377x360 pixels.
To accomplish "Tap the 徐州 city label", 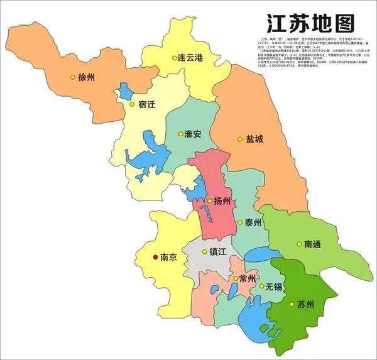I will pyautogui.click(x=87, y=78).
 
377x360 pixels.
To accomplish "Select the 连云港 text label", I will pyautogui.click(x=190, y=57).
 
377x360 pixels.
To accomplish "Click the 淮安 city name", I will pyautogui.click(x=192, y=134).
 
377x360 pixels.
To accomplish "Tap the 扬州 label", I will pyautogui.click(x=224, y=201).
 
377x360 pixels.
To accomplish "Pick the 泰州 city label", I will pyautogui.click(x=254, y=223).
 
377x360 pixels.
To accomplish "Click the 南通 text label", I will pyautogui.click(x=314, y=244).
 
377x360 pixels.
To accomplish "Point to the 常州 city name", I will pyautogui.click(x=245, y=278).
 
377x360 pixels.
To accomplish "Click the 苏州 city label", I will pyautogui.click(x=306, y=305).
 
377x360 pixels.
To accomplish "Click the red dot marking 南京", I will pyautogui.click(x=156, y=256).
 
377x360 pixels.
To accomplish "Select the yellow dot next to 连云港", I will pyautogui.click(x=175, y=58).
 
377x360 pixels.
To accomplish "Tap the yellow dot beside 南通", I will pyautogui.click(x=298, y=244).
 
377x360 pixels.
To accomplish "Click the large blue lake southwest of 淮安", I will pyautogui.click(x=150, y=157).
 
